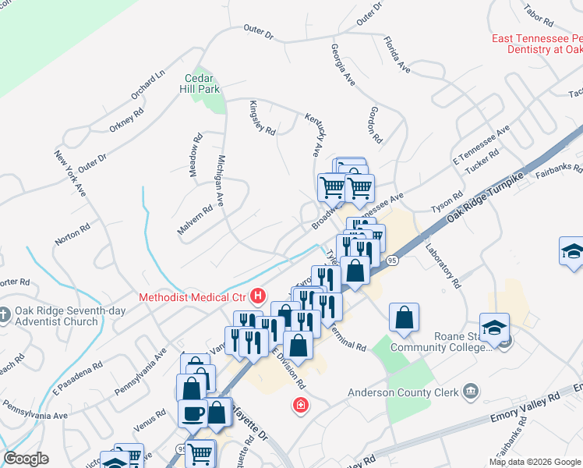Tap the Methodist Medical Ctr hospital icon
click(x=258, y=296)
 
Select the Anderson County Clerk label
click(x=403, y=392)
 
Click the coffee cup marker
click(x=192, y=413)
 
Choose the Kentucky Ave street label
click(x=315, y=133)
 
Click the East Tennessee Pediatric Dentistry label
click(x=536, y=44)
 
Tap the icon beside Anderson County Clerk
click(x=471, y=391)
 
